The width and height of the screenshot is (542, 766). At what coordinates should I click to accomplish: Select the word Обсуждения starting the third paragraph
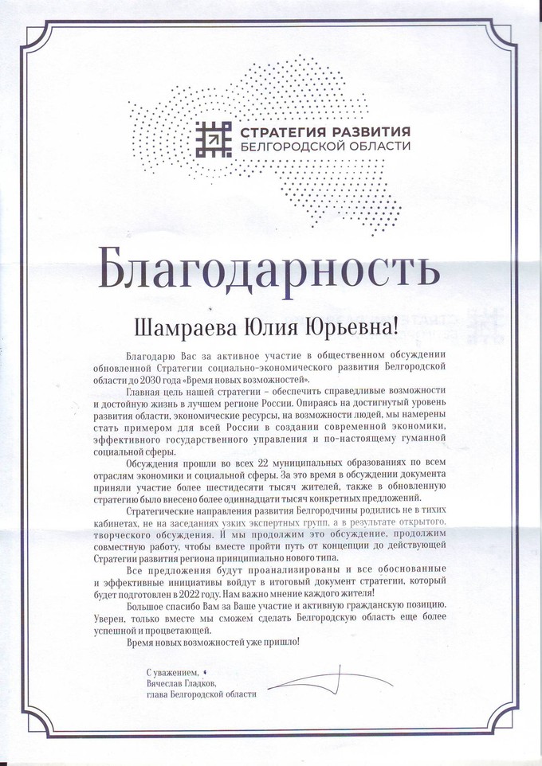(155, 463)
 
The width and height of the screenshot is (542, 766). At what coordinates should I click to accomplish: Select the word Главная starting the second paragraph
(149, 393)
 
